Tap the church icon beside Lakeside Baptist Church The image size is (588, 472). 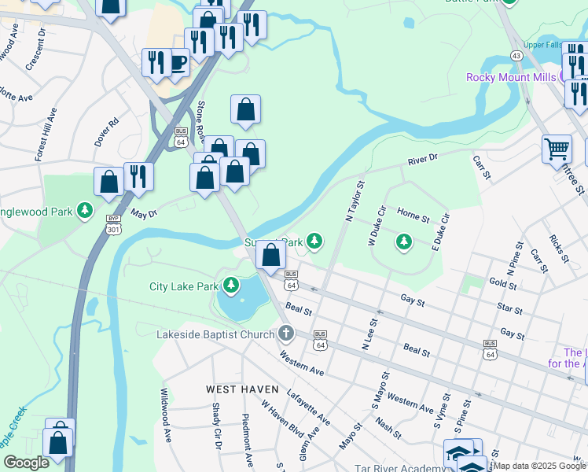click(x=285, y=334)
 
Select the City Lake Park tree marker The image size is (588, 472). click(x=231, y=285)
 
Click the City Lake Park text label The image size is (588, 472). click(x=183, y=286)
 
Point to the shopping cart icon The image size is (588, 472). click(x=557, y=147)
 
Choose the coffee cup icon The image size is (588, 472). click(x=178, y=63)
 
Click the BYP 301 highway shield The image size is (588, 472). click(x=113, y=227)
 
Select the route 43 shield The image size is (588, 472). click(x=516, y=56)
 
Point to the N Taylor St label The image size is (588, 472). click(x=351, y=201)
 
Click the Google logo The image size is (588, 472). click(x=25, y=463)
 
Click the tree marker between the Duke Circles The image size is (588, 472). click(x=404, y=242)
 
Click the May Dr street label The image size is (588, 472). click(x=144, y=213)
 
